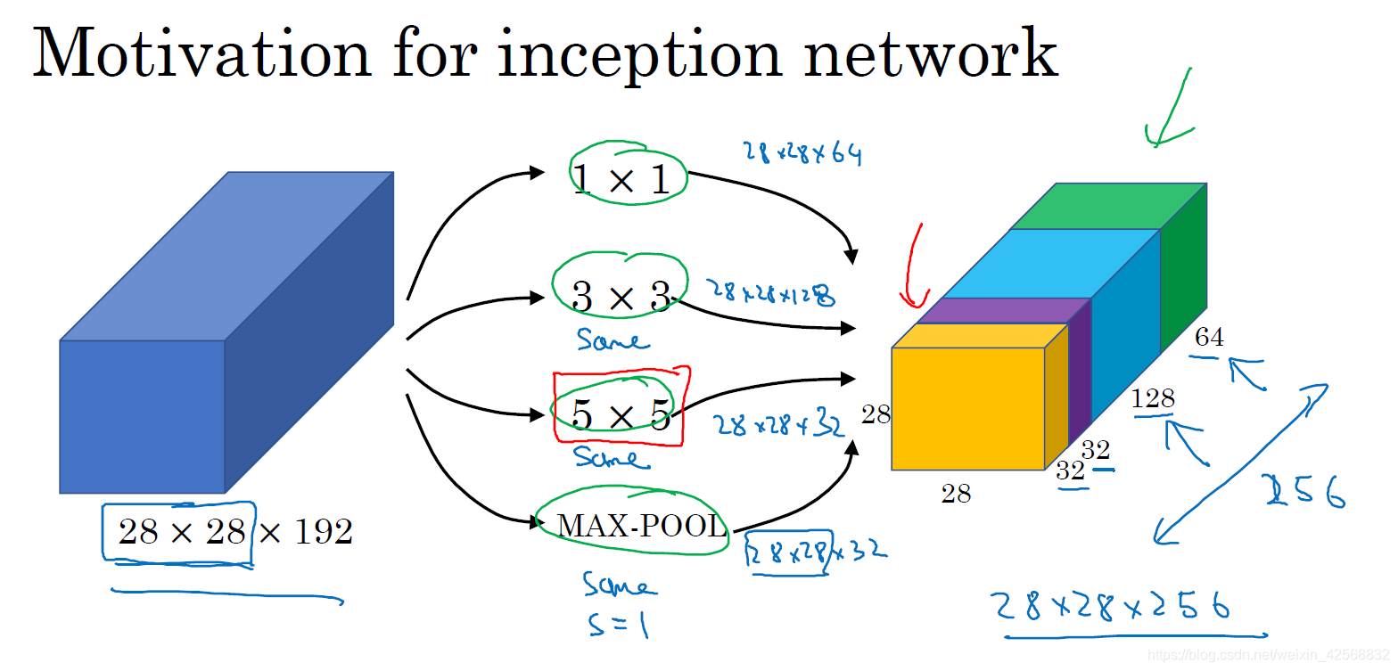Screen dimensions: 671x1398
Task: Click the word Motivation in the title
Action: pyautogui.click(x=201, y=53)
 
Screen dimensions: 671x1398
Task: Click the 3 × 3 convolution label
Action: pyautogui.click(x=621, y=297)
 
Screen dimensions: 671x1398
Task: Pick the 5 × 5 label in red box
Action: pyautogui.click(x=621, y=415)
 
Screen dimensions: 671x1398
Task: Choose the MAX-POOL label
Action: pyautogui.click(x=641, y=527)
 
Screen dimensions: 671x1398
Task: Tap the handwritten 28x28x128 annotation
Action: pyautogui.click(x=772, y=292)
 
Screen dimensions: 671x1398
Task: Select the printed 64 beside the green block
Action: pyautogui.click(x=1209, y=338)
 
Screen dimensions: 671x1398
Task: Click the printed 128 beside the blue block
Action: pyautogui.click(x=1153, y=399)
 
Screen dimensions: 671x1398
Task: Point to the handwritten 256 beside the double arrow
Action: pyautogui.click(x=1307, y=491)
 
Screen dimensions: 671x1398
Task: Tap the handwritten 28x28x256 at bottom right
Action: pyautogui.click(x=1113, y=609)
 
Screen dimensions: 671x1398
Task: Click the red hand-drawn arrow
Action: pyautogui.click(x=913, y=267)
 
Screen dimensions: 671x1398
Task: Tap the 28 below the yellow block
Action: pyautogui.click(x=956, y=493)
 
